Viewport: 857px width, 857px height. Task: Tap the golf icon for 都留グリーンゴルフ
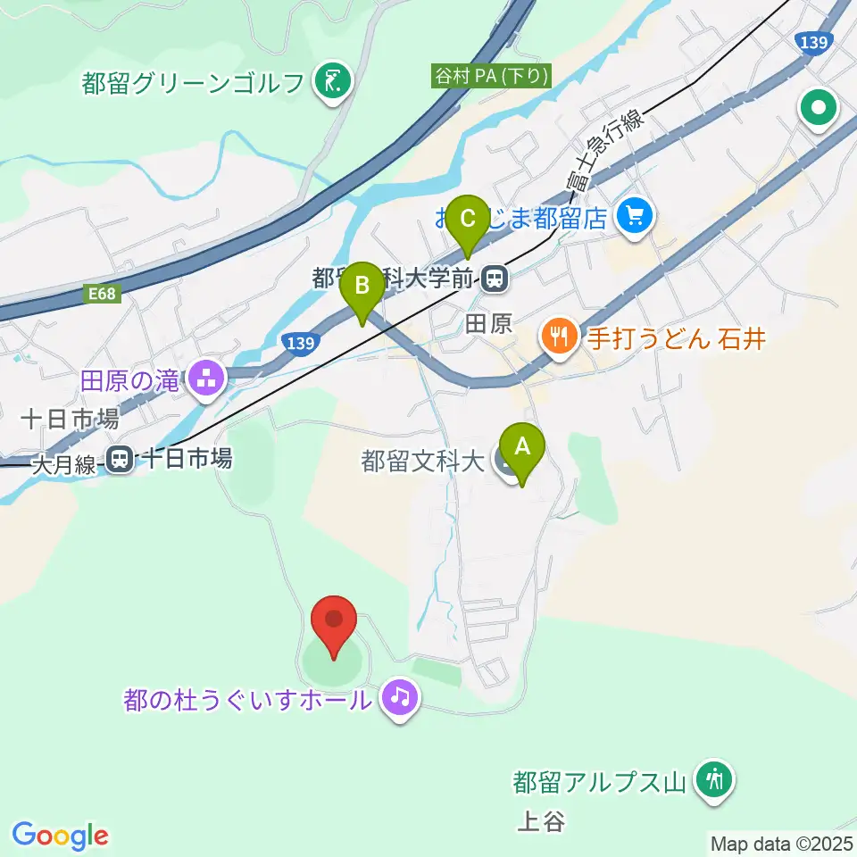(335, 83)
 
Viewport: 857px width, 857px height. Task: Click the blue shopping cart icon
(635, 216)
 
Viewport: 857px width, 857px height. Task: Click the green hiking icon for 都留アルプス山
(714, 780)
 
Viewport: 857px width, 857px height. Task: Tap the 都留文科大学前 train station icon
(493, 280)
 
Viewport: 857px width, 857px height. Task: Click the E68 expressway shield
(104, 294)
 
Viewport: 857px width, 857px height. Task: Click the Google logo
(60, 835)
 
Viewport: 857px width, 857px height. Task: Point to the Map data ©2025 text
(782, 843)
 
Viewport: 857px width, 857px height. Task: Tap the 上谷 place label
(541, 820)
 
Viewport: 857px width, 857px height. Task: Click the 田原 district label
(488, 323)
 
